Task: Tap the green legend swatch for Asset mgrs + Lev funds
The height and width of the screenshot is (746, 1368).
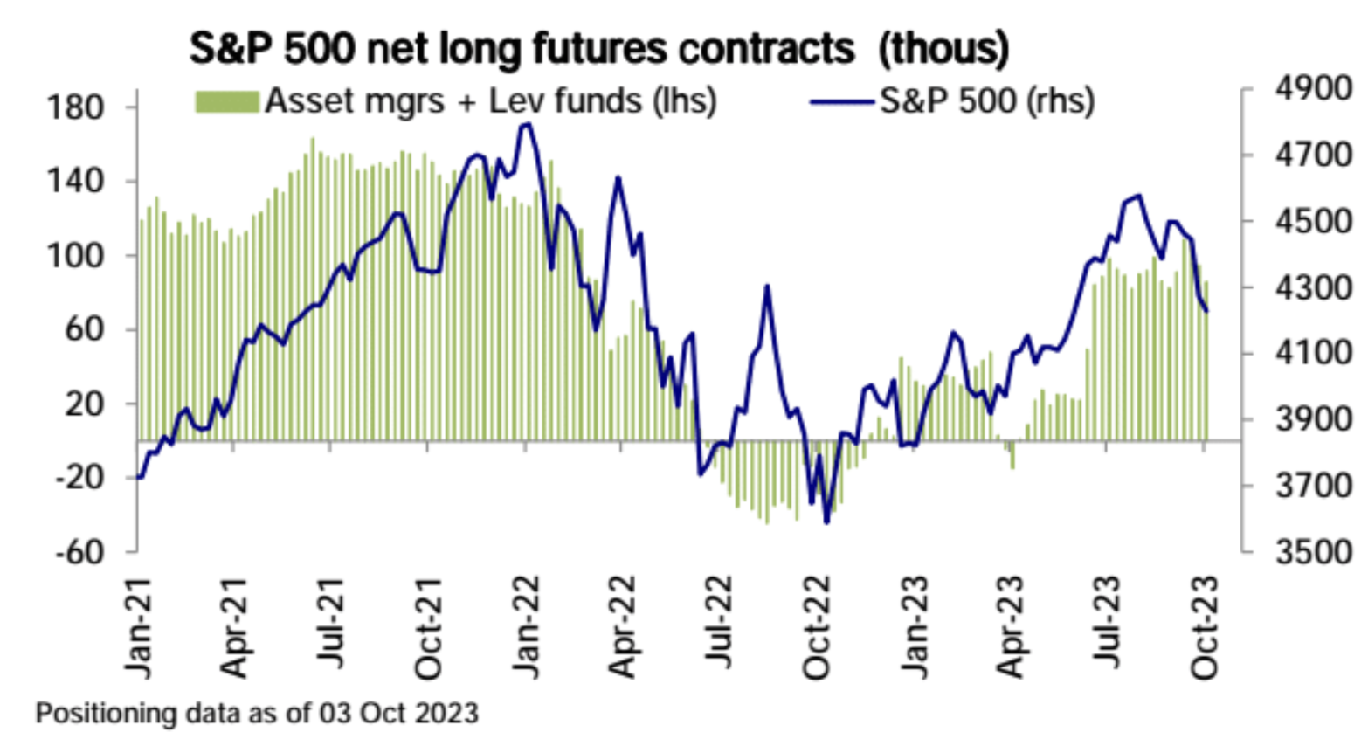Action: click(x=227, y=102)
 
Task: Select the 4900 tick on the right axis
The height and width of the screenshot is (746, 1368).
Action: click(x=1312, y=90)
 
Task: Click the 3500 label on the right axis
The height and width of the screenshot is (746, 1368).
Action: click(x=1312, y=552)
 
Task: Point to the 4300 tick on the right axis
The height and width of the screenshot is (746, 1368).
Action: click(x=1312, y=287)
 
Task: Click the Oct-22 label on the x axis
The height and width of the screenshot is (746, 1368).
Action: click(x=816, y=626)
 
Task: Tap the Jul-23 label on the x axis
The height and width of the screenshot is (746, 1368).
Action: click(x=1107, y=622)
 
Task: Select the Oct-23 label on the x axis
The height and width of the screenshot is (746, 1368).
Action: click(x=1205, y=626)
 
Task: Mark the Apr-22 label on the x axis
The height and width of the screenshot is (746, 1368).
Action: click(x=622, y=626)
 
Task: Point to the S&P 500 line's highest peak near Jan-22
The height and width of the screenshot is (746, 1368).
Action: click(x=526, y=124)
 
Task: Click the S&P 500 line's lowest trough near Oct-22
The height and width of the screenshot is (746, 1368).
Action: click(x=826, y=522)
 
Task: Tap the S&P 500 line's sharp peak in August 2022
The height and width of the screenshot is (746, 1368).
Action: click(x=767, y=286)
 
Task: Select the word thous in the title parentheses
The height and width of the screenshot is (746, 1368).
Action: click(x=943, y=49)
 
